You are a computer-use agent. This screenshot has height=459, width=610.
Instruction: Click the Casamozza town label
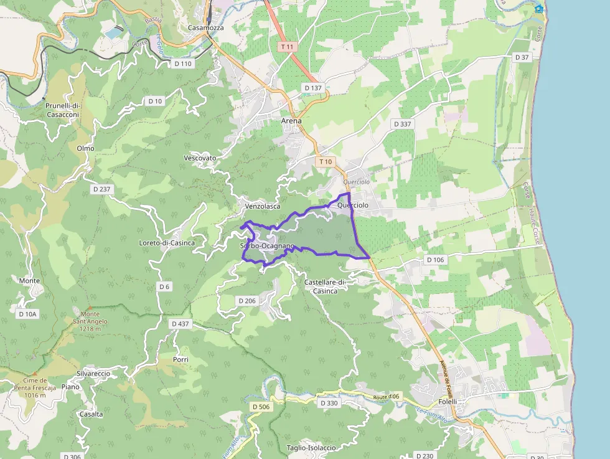click(205, 28)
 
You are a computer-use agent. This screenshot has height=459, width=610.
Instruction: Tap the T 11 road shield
click(286, 47)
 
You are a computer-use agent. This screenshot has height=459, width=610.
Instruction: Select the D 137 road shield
click(313, 88)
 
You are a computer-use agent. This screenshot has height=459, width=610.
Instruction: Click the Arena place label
click(291, 121)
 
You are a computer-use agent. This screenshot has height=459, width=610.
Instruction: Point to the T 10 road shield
click(325, 162)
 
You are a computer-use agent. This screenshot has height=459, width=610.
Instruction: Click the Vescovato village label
click(200, 158)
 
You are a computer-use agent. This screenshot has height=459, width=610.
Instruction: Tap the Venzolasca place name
click(263, 206)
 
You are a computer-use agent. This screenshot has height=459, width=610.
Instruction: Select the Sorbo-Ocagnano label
click(266, 246)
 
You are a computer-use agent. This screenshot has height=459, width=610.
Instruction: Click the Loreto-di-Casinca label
click(167, 243)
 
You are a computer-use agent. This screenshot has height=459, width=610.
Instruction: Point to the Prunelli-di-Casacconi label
click(63, 110)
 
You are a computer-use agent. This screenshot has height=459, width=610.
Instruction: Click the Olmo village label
click(85, 148)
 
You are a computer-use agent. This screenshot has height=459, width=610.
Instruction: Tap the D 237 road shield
click(101, 189)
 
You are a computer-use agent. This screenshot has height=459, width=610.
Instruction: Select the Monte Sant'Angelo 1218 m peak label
click(90, 321)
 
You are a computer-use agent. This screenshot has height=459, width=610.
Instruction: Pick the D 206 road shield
click(247, 301)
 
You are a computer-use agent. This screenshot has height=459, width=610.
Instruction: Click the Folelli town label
click(447, 402)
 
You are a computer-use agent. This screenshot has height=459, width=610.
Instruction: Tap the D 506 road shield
click(261, 407)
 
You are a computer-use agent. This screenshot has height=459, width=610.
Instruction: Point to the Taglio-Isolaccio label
click(311, 448)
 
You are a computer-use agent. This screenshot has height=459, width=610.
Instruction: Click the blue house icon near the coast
click(539, 8)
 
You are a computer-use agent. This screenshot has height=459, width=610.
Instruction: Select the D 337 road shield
click(403, 124)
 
